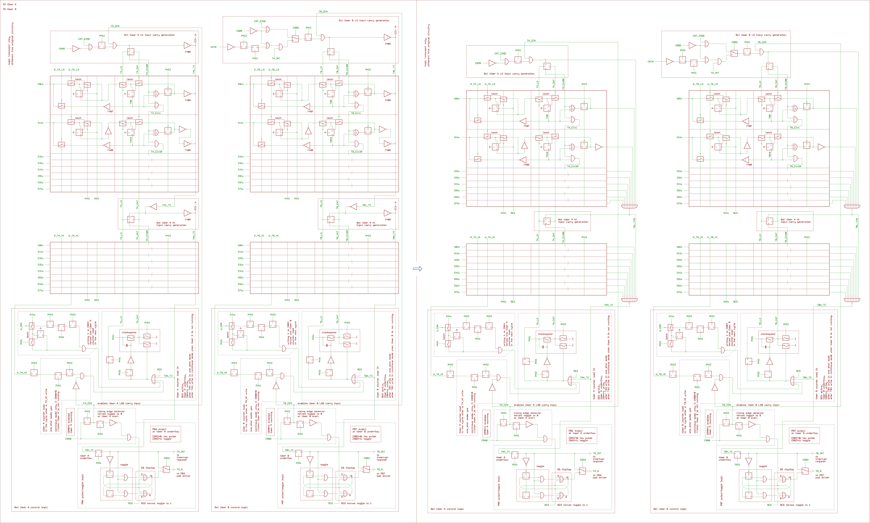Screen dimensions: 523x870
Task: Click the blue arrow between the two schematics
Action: pyautogui.click(x=417, y=269)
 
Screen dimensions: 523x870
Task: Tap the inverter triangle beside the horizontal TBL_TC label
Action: pyautogui.click(x=354, y=207)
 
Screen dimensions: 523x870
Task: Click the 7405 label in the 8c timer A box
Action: pyautogui.click(x=188, y=52)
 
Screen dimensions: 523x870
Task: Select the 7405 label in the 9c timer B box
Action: pyautogui.click(x=387, y=44)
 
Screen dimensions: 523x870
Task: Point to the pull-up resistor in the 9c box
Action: pyautogui.click(x=396, y=32)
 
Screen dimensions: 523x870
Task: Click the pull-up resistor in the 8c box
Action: pyautogui.click(x=195, y=40)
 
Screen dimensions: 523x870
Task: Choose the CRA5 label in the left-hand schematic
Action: pyautogui.click(x=62, y=49)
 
